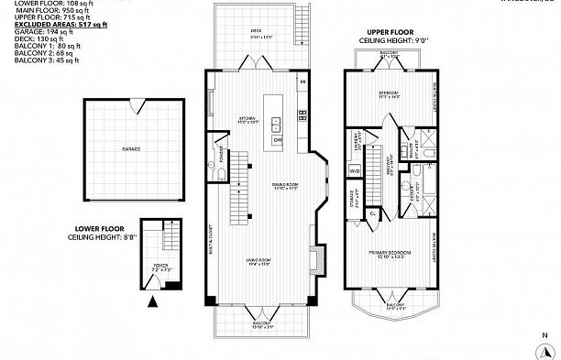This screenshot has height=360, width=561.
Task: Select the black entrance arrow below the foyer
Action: pyautogui.click(x=153, y=299)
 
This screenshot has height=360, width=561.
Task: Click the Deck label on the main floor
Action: pyautogui.click(x=257, y=30)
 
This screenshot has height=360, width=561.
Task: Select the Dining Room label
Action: pyautogui.click(x=286, y=185)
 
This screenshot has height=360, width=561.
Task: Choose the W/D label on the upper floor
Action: pyautogui.click(x=354, y=170)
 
